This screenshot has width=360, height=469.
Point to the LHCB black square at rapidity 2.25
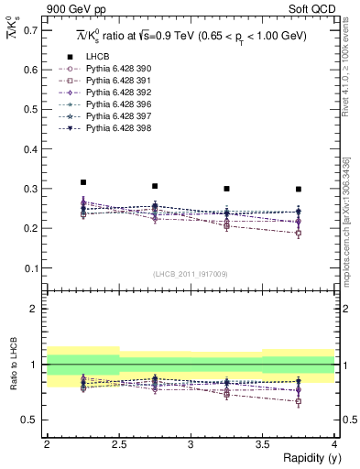[83, 182]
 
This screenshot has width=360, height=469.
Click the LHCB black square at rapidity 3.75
[299, 190]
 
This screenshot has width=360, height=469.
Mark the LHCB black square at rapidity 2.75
[155, 186]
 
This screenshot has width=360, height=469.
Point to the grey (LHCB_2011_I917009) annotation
[191, 274]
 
